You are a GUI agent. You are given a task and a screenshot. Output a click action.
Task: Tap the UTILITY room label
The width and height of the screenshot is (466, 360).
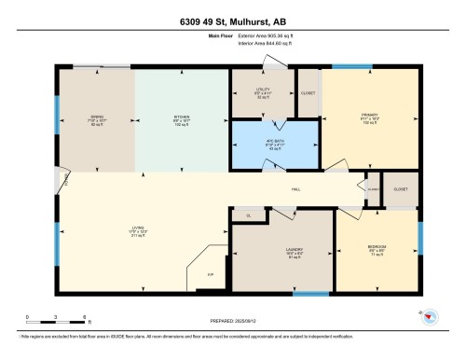click(263, 93)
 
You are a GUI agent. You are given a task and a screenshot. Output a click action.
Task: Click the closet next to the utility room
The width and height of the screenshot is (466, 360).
click(308, 93)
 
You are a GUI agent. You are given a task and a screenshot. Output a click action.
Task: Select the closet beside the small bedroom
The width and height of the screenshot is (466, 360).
click(400, 187)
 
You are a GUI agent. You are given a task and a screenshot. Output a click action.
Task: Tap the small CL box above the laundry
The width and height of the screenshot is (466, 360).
click(248, 216)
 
